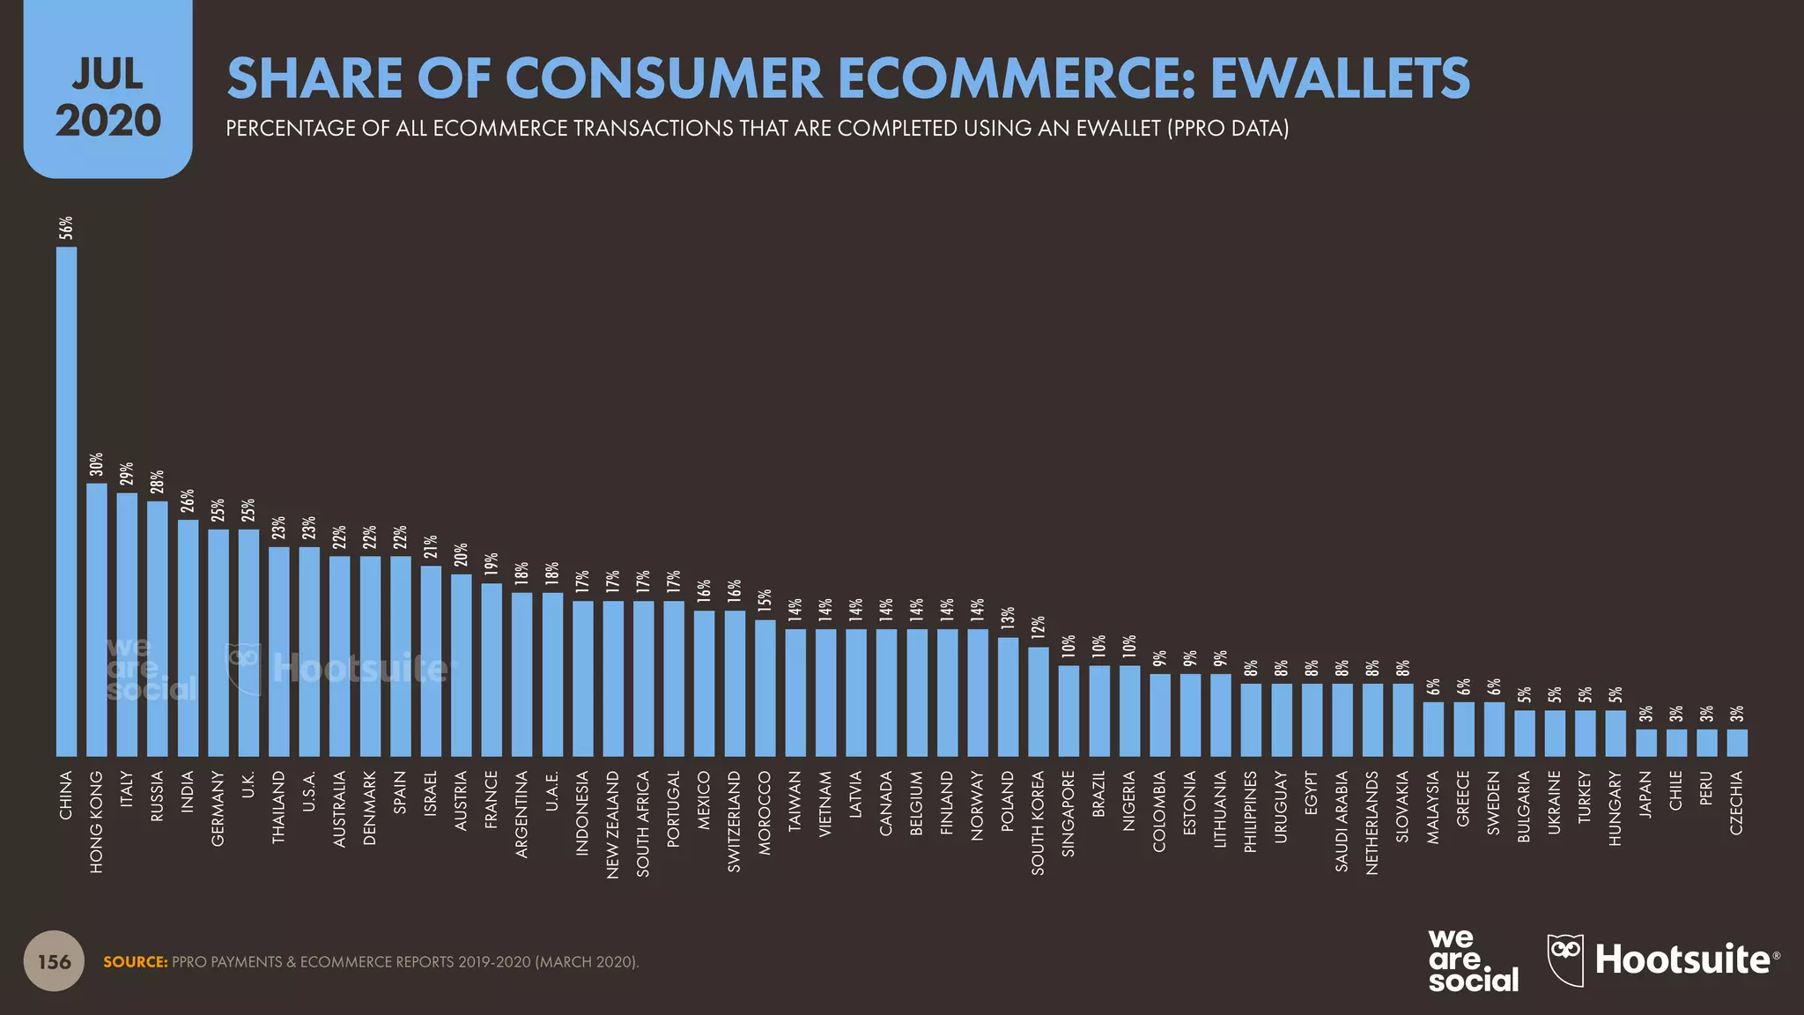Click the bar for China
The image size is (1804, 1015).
66,502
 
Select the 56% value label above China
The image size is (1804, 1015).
66,227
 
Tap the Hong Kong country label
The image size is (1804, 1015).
97,822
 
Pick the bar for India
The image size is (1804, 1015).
188,638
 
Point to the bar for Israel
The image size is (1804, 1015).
431,661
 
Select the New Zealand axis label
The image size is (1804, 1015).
613,824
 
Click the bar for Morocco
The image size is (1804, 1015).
765,688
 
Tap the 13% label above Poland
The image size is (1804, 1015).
1008,619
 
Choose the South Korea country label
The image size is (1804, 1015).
1039,823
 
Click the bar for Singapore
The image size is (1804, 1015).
1068,711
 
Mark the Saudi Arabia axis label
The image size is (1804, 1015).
1342,821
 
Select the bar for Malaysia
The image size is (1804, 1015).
1433,729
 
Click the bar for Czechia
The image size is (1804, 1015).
1737,743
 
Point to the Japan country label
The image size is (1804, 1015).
1645,795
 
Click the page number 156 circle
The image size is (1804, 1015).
54,961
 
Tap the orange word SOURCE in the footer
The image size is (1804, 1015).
135,962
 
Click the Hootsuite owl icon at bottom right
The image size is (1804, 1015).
1565,959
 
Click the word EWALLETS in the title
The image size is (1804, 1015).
1339,78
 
